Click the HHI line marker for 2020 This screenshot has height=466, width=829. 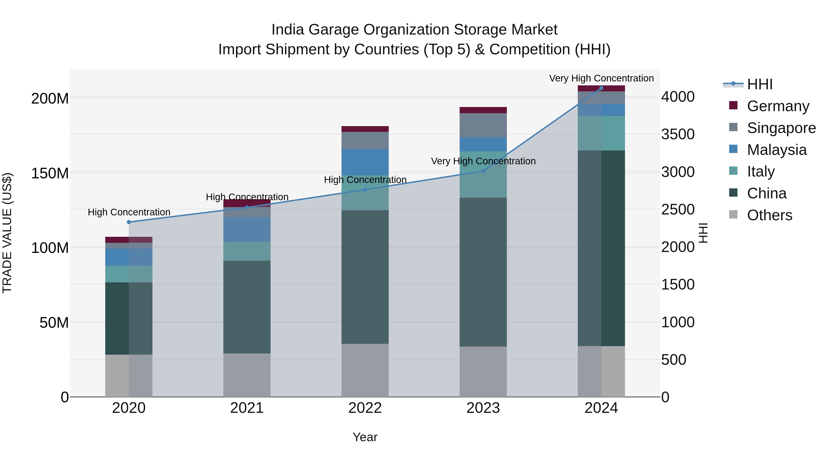tap(129, 222)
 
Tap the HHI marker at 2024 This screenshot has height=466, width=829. tap(601, 88)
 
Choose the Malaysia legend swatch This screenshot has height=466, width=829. tap(733, 149)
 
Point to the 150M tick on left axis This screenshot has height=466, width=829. tap(50, 173)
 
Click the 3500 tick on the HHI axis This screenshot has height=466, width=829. tap(678, 134)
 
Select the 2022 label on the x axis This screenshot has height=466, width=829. tap(365, 408)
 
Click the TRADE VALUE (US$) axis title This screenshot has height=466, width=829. tap(7, 233)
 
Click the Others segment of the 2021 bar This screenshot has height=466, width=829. tap(247, 375)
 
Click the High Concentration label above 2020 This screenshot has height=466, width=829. tap(129, 212)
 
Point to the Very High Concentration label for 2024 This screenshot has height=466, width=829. tap(601, 78)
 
